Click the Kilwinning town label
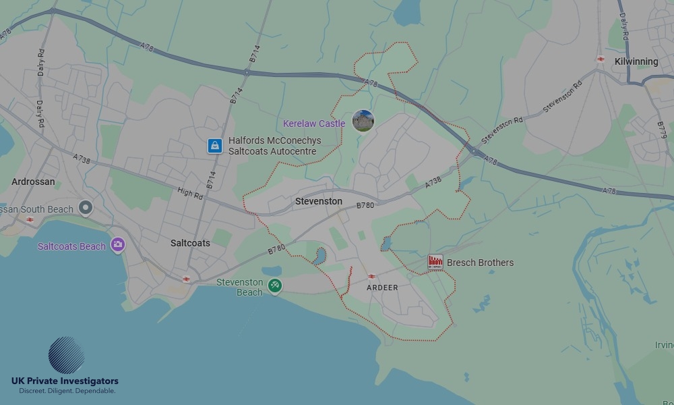636,61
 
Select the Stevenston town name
319,201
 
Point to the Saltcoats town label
190,243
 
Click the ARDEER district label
382,288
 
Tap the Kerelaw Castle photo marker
363,121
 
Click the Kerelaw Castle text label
314,124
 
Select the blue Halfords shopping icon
215,145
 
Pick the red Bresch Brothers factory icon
435,262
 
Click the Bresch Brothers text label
480,263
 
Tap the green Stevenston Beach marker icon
274,286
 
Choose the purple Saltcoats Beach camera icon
118,245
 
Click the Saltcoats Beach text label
71,246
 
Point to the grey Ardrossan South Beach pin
85,208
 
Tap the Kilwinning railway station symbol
600,59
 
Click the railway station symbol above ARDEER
371,276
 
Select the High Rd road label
189,194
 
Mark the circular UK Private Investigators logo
66,355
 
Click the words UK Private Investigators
65,381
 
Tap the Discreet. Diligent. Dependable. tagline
67,391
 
